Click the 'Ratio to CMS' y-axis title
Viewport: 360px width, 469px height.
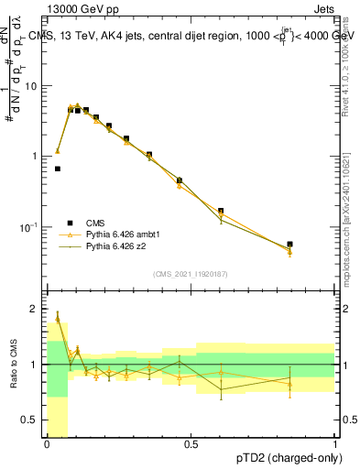(x=12, y=365)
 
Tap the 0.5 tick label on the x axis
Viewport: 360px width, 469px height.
(x=191, y=444)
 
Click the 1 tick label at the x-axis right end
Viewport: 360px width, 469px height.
(x=334, y=444)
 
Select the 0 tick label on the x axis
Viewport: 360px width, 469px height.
(x=47, y=444)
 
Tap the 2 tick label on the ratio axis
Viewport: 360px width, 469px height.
(x=37, y=309)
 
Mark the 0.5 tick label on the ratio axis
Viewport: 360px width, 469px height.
(x=33, y=420)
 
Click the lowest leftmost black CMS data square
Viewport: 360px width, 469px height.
(x=58, y=169)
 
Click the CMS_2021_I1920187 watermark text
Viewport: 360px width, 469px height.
(x=191, y=274)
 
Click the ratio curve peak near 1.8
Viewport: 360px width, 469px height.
(x=58, y=317)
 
